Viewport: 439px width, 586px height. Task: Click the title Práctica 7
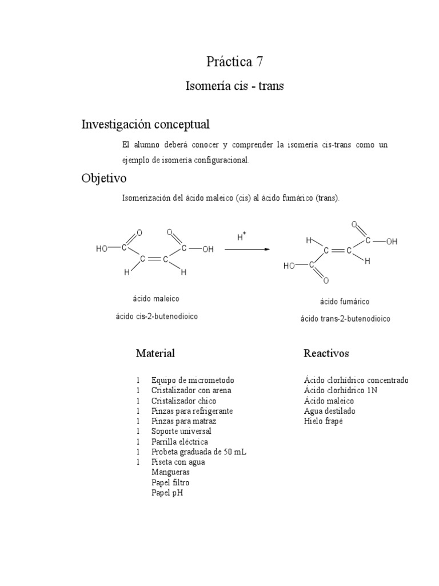234,62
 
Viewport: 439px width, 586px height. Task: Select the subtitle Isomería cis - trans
234,86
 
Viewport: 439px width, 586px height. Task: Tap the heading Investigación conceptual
146,124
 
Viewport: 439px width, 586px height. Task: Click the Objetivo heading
104,179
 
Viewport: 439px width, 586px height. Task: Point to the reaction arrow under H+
247,250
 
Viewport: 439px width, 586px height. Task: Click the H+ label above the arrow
241,236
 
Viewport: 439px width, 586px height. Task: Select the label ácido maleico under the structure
156,299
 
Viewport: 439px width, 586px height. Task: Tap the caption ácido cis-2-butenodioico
157,316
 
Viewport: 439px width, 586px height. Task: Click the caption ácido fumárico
345,302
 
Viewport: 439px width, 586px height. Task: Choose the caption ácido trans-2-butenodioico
345,319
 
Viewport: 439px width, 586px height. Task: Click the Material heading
155,353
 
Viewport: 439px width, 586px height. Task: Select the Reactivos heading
326,354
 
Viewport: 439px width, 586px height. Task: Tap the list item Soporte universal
181,431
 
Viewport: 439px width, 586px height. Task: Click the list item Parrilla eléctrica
179,441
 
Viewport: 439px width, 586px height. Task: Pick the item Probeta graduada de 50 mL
199,452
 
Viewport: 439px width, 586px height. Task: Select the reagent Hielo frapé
324,421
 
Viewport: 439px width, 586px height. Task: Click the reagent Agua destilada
330,411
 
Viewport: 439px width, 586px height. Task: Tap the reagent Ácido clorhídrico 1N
341,390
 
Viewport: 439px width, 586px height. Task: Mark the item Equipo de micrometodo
193,380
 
